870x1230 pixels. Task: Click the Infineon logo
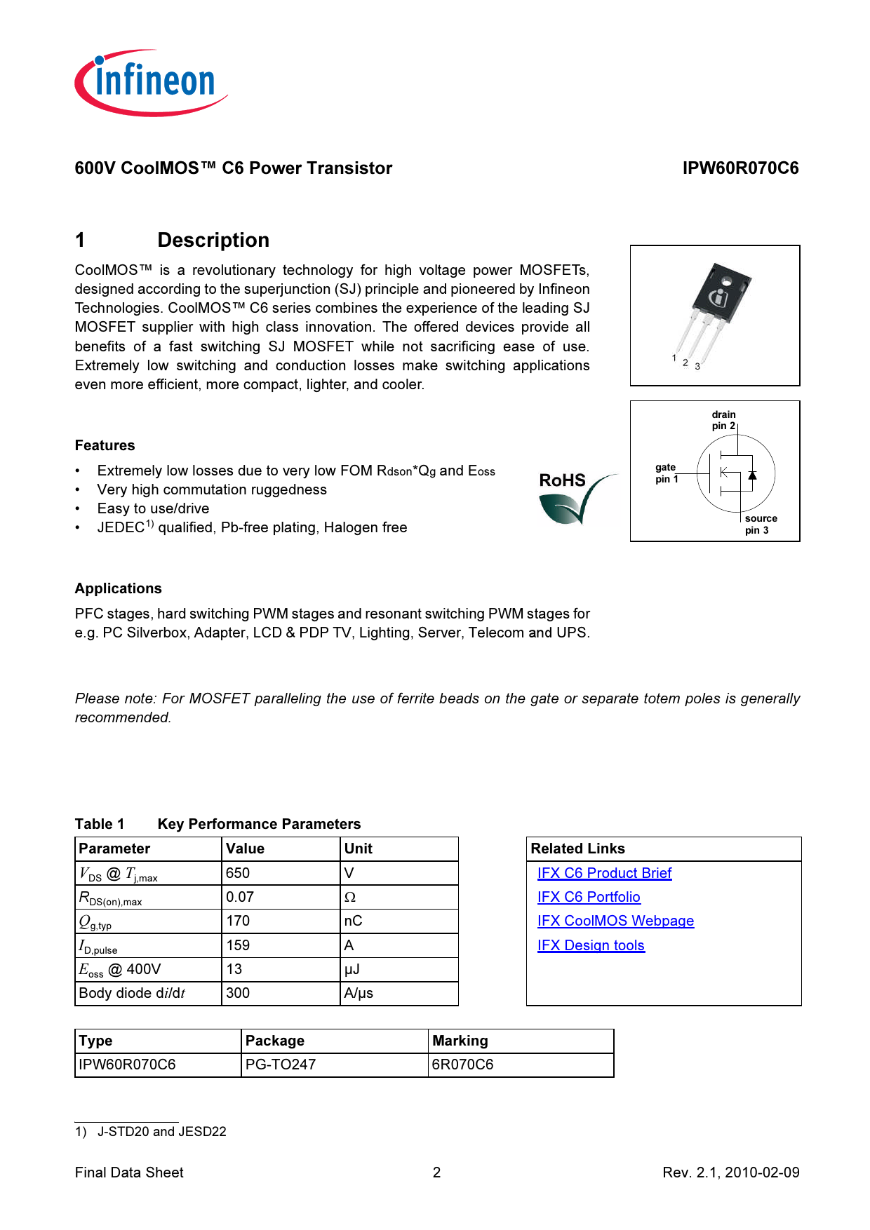(151, 83)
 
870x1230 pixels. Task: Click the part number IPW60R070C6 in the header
(740, 168)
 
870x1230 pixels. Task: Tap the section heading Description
(213, 241)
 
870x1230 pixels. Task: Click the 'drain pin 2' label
(723, 420)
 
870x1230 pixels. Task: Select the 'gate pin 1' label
(666, 473)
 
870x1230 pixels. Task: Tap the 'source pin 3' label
(760, 525)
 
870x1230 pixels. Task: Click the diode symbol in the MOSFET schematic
(752, 475)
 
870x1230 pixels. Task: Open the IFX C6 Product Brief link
(604, 873)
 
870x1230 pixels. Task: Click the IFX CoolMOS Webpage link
(615, 921)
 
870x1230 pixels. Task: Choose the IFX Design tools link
(591, 945)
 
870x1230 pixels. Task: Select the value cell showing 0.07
(240, 897)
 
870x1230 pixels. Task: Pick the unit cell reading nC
(353, 921)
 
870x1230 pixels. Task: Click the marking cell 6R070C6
(462, 1065)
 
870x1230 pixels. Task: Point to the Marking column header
(460, 1041)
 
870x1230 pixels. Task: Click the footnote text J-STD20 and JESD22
(161, 1132)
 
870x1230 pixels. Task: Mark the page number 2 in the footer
(436, 1172)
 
